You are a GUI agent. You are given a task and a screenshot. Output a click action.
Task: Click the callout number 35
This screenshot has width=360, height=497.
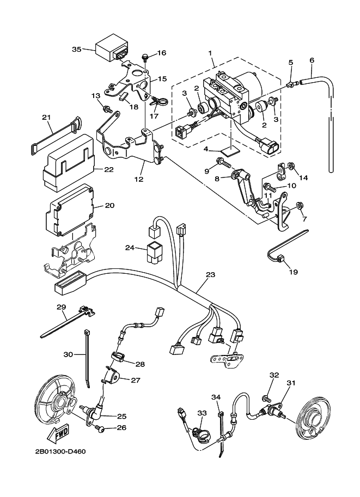(76, 50)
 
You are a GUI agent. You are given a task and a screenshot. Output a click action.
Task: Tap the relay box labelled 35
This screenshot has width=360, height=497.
(113, 48)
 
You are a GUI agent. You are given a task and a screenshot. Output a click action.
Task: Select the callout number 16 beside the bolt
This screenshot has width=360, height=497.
(162, 53)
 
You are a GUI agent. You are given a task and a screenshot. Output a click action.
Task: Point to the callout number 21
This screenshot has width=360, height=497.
(46, 117)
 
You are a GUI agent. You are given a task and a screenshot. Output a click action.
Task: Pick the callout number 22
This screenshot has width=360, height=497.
(109, 169)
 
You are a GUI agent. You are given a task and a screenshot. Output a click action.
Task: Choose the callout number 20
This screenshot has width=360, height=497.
(109, 205)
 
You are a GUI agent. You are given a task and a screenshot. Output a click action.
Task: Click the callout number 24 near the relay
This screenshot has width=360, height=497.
(129, 248)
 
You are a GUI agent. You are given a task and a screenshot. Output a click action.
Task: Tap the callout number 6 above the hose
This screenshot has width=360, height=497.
(312, 60)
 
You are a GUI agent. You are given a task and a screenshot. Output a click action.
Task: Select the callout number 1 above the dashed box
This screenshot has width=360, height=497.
(210, 53)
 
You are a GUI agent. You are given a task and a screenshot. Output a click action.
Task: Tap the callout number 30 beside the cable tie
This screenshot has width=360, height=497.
(68, 354)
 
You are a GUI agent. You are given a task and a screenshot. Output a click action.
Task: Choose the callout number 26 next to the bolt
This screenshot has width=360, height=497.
(120, 428)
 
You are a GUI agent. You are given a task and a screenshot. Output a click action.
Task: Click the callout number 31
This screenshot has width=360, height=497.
(291, 383)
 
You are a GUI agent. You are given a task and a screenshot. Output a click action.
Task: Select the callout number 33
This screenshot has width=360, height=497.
(202, 414)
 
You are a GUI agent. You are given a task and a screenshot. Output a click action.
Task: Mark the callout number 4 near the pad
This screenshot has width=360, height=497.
(206, 148)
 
